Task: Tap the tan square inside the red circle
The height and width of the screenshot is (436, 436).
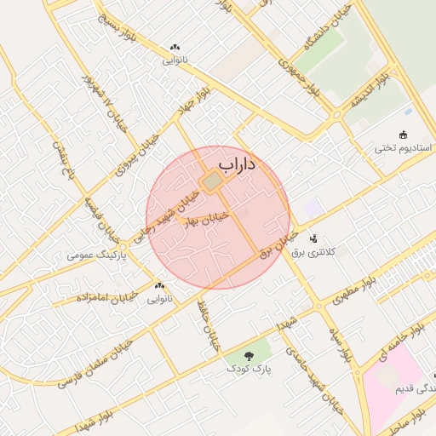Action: click(211, 181)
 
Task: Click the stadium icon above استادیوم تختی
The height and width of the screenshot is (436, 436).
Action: click(403, 135)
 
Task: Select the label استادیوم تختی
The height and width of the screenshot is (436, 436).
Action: click(403, 148)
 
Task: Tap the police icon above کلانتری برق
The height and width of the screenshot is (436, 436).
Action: click(313, 238)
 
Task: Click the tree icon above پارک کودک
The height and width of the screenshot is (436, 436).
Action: click(249, 356)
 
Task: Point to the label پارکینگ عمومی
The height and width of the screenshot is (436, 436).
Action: click(97, 255)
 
